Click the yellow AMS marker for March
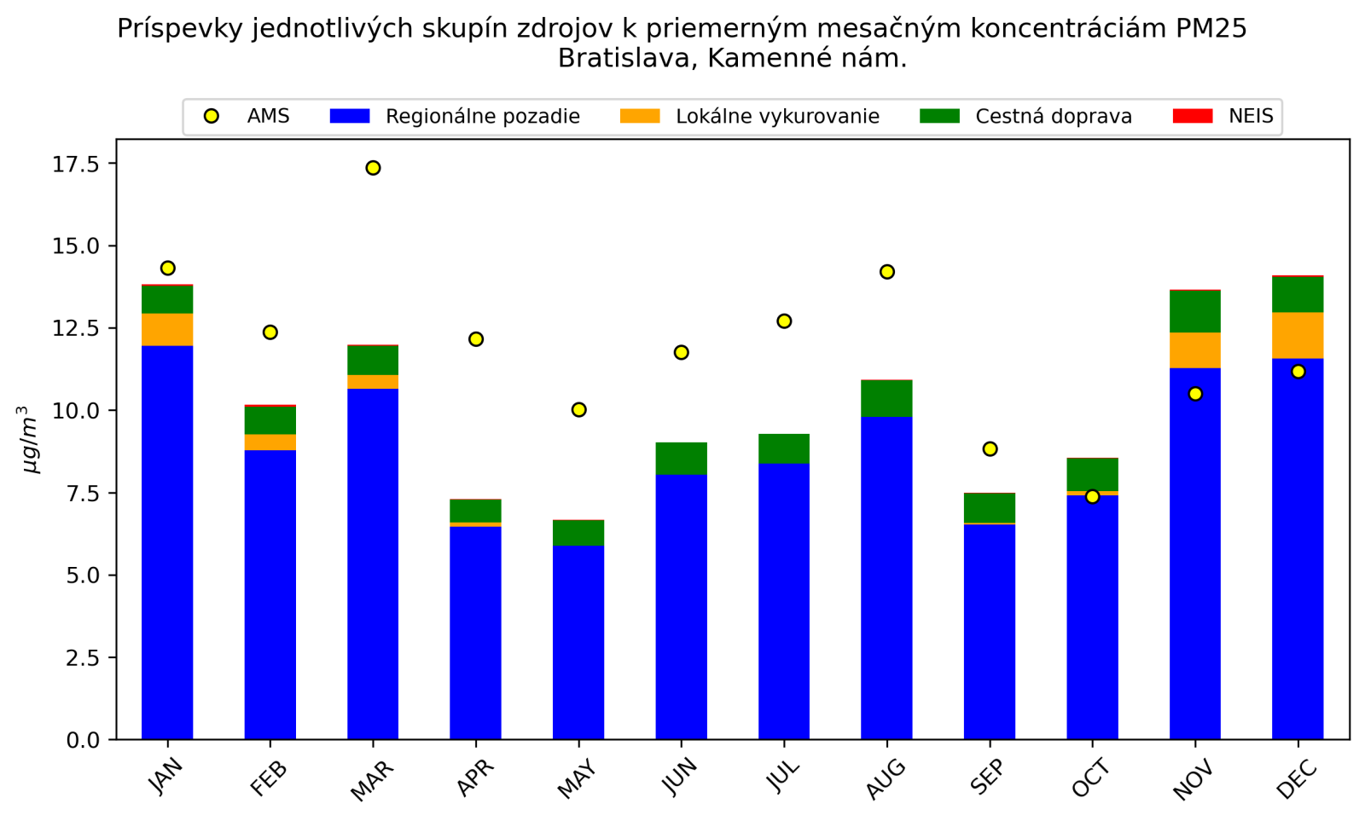(373, 168)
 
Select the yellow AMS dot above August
(886, 272)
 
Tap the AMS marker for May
(578, 410)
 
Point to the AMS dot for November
(1195, 394)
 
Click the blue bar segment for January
(167, 546)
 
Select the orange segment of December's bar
(1298, 336)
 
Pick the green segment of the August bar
(886, 398)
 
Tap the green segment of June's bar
(681, 459)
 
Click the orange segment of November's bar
(1195, 350)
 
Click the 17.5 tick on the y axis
(75, 164)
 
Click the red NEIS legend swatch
(1193, 116)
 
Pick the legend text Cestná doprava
(1054, 117)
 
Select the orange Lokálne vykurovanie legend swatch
(640, 116)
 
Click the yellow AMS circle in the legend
(212, 116)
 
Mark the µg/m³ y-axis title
(29, 440)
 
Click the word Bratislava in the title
(627, 59)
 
